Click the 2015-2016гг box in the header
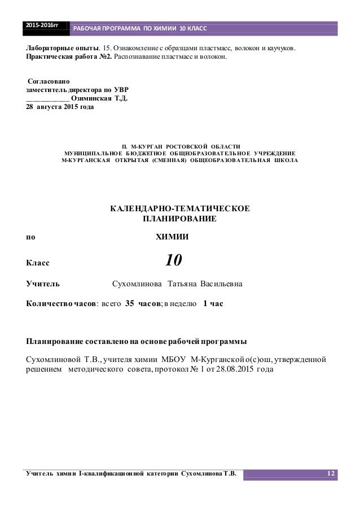tap(45, 26)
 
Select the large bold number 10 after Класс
tap(173, 260)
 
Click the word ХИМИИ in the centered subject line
tap(172, 237)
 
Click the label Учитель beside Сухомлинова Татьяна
tap(45, 283)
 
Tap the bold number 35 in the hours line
tap(129, 303)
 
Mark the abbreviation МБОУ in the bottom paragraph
tap(174, 359)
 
